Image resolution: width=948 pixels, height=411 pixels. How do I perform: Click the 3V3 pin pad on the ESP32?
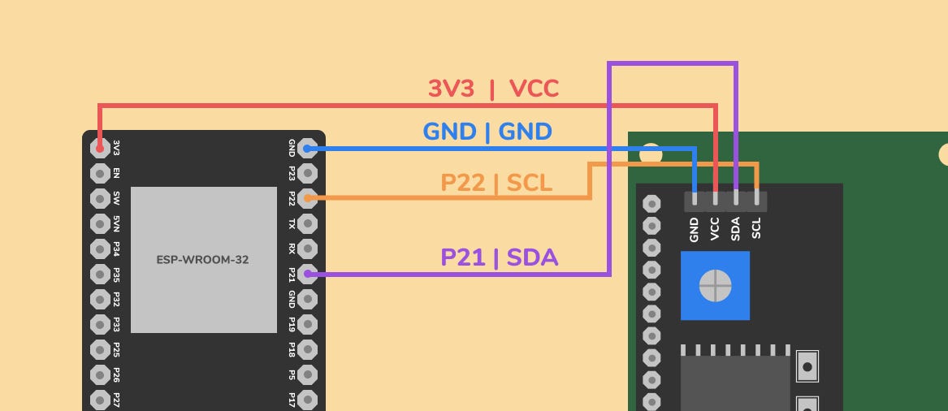coord(100,148)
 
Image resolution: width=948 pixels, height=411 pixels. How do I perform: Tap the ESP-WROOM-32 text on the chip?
coord(203,260)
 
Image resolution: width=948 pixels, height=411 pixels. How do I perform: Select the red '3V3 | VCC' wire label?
coord(493,89)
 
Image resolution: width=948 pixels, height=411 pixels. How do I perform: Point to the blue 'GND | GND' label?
coord(487,132)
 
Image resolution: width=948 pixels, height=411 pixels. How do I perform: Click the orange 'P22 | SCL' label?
coord(496,184)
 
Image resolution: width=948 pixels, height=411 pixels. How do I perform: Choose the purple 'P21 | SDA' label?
coord(499,257)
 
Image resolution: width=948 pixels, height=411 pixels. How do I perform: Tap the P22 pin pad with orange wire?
coord(307,198)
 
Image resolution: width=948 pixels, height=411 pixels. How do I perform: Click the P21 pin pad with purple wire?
coord(307,274)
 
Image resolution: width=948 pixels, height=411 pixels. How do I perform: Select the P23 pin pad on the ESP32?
coord(307,173)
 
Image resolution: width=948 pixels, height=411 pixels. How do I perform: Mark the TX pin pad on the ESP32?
coord(307,223)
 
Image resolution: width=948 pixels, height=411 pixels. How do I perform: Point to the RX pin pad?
coord(307,249)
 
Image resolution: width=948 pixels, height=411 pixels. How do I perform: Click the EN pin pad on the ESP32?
coord(100,173)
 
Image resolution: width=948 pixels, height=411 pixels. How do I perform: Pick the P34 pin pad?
coord(100,249)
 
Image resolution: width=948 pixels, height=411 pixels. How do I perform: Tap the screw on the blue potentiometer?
coord(715,285)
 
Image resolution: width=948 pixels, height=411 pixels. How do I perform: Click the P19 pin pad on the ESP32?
coord(307,324)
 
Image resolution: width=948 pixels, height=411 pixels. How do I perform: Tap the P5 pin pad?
coord(307,374)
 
